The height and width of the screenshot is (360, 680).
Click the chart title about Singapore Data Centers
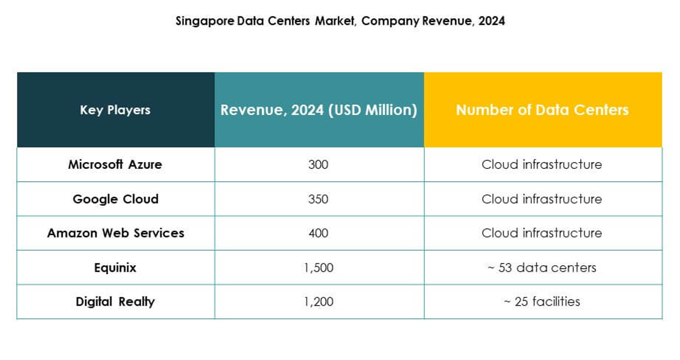[340, 21]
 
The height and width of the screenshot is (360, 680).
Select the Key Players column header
[115, 110]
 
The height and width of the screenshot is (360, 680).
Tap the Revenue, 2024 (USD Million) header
[318, 110]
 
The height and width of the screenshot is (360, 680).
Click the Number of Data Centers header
[542, 110]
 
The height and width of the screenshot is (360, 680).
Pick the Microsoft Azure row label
[115, 164]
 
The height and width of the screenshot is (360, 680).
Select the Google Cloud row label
[115, 199]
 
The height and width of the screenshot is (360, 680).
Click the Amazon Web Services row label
[115, 233]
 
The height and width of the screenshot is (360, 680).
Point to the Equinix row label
[115, 267]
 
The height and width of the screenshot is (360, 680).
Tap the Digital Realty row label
[115, 302]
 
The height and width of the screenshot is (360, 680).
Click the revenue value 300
[318, 165]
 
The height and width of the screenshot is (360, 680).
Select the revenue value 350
[318, 199]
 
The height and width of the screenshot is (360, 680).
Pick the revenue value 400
[318, 233]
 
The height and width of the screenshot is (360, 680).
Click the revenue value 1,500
[318, 267]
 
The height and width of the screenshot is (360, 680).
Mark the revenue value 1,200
[318, 302]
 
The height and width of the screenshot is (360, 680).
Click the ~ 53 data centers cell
[542, 267]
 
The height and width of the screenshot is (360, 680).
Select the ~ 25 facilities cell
[542, 302]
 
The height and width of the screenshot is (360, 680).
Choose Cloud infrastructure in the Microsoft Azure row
[542, 165]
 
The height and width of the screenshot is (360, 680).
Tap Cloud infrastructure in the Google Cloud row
[542, 199]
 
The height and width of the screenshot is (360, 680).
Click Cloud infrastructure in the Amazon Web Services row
[542, 233]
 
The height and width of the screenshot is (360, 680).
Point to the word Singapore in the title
[200, 21]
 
